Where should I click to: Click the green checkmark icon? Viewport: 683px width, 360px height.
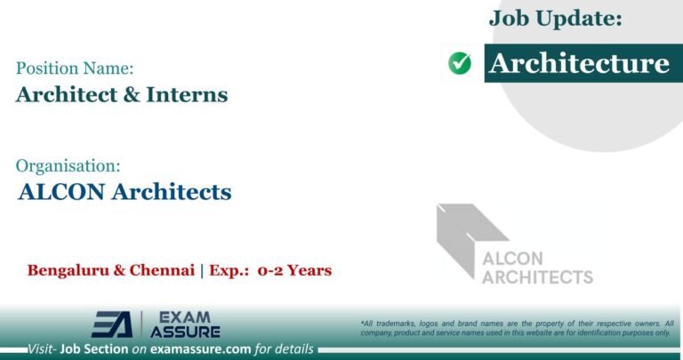(460, 63)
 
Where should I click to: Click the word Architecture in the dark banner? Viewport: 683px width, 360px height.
(579, 63)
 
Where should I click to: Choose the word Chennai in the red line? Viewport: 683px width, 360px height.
(160, 270)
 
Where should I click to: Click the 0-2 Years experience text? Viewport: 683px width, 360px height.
(294, 270)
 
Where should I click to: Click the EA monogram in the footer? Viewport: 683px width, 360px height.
(112, 324)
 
